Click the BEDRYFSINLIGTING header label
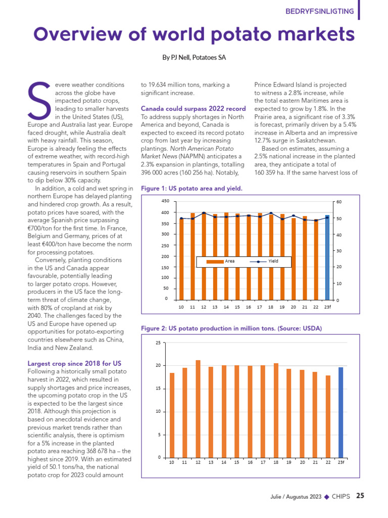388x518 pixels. pos(319,11)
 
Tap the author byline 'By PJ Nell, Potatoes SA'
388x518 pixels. pos(193,58)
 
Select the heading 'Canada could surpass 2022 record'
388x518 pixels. pos(193,109)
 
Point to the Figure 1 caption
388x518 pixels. pos(191,188)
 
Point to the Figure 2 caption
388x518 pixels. pos(231,329)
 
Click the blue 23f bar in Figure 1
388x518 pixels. pos(327,258)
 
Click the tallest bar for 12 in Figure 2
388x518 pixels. pos(198,409)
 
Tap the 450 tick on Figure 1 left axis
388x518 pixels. pos(165,201)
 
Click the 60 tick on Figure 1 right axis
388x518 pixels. pos(339,202)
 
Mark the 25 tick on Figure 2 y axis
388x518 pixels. pos(158,343)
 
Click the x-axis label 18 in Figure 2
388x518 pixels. pos(276,463)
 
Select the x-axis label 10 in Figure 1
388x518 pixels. pos(181,307)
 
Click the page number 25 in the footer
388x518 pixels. pos(360,496)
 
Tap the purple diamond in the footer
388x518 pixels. pos(326,497)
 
